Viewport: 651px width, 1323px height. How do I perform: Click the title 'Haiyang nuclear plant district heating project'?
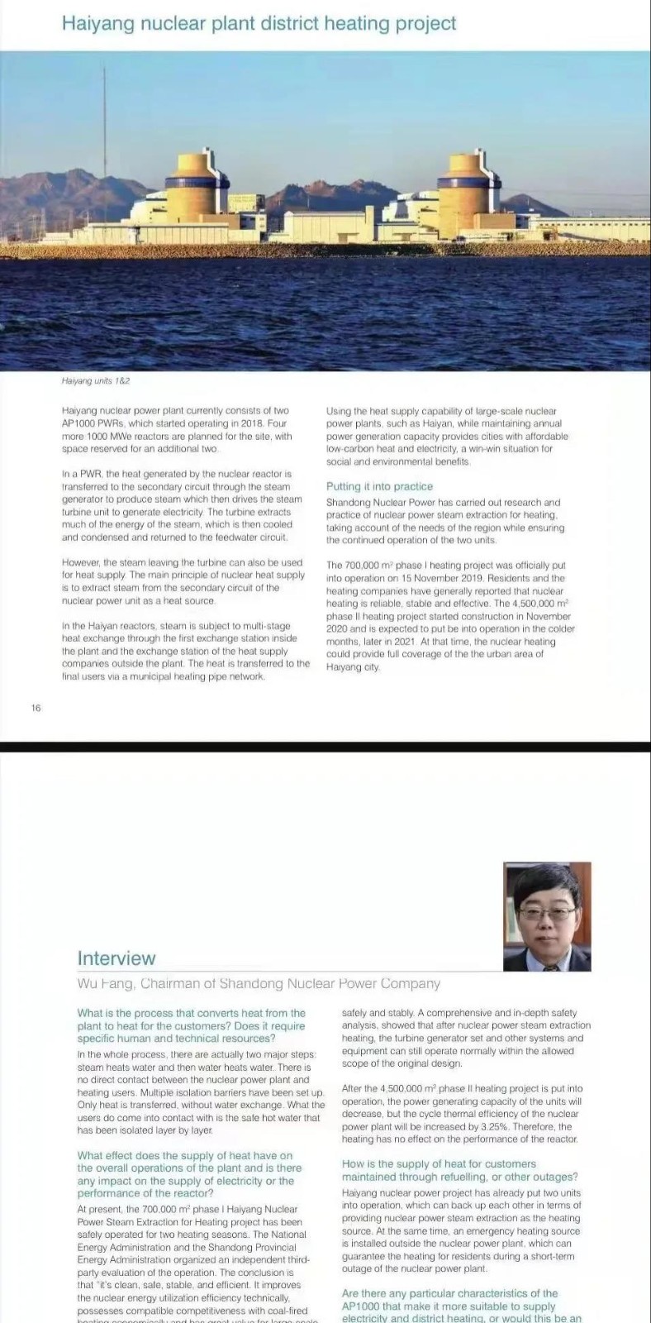click(259, 23)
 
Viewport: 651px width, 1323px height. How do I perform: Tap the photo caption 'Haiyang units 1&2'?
click(96, 381)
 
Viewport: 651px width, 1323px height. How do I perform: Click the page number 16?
click(36, 707)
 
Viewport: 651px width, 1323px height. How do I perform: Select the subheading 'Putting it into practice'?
click(379, 486)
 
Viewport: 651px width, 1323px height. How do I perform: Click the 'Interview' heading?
click(116, 958)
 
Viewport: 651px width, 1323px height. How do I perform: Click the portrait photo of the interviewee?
click(547, 916)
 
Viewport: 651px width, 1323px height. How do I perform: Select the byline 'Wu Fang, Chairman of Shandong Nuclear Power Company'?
click(259, 983)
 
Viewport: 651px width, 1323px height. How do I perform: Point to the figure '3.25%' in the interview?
click(493, 1126)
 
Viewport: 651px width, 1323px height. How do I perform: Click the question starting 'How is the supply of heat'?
click(459, 1170)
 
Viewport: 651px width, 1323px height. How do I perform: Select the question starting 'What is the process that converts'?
click(192, 1025)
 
